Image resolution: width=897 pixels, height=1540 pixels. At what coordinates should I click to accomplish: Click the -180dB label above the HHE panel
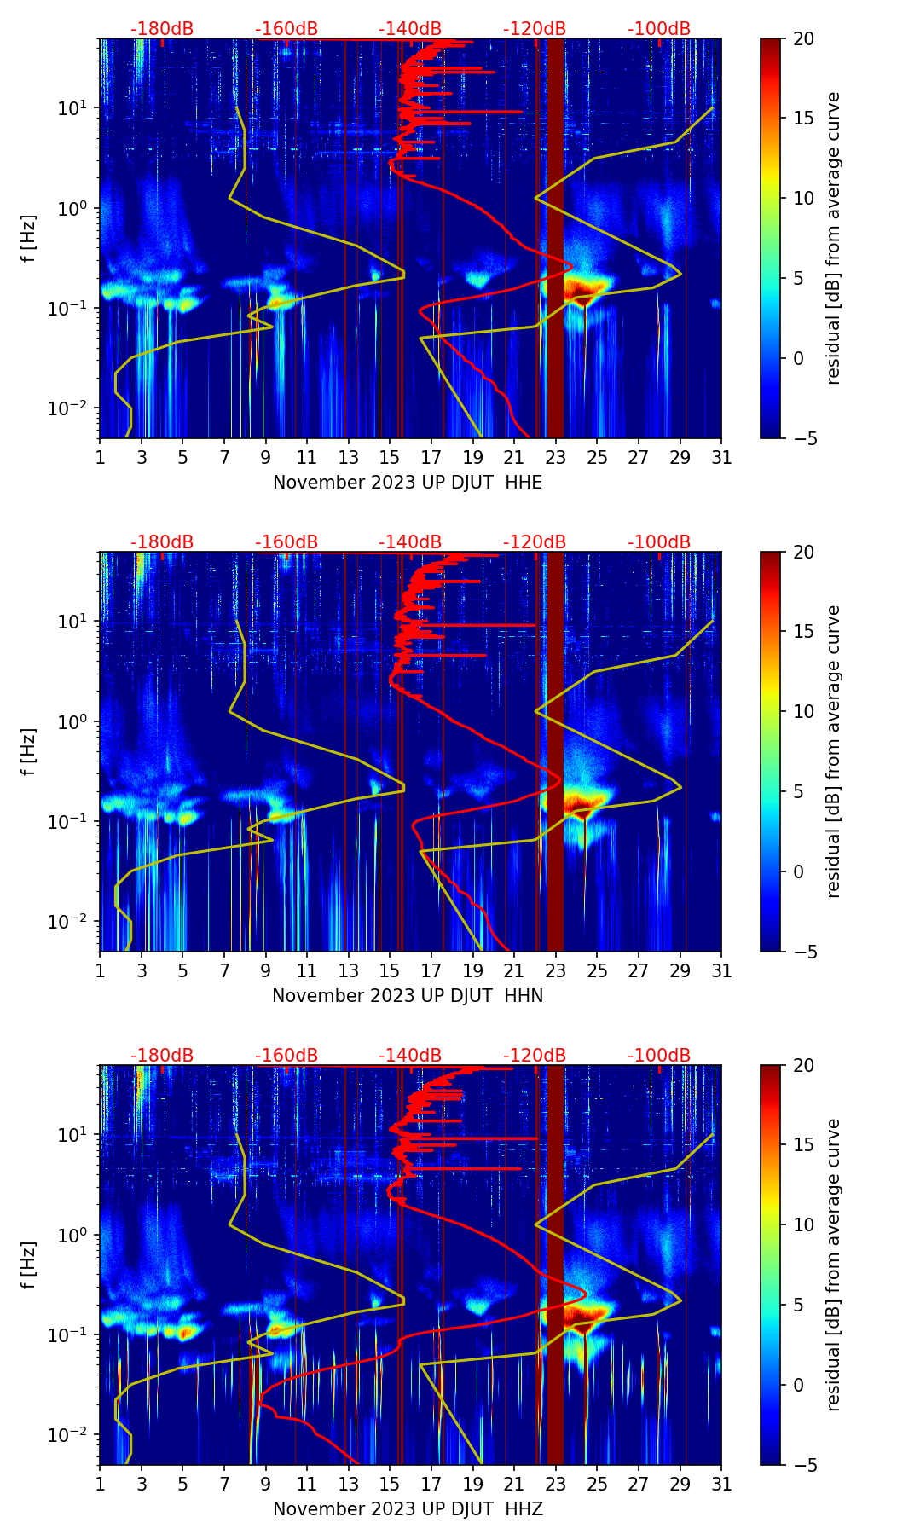(162, 29)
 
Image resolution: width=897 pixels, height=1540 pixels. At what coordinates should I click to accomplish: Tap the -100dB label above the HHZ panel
(659, 1056)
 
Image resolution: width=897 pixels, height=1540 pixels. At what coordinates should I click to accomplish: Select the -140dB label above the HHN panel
(410, 542)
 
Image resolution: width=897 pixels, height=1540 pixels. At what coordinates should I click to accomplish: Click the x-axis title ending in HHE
(408, 483)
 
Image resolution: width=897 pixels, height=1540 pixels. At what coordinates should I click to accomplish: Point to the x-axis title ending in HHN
(408, 996)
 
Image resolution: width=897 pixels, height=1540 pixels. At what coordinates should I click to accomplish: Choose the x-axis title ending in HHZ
(408, 1509)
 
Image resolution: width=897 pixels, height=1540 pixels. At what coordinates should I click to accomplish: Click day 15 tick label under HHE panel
(390, 458)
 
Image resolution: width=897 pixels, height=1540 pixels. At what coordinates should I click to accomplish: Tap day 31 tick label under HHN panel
(721, 971)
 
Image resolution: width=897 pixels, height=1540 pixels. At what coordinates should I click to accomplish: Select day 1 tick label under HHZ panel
(100, 1485)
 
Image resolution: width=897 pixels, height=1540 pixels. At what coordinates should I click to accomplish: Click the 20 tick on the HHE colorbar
(803, 38)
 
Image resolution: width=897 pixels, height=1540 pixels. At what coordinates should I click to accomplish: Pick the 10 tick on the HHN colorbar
(803, 711)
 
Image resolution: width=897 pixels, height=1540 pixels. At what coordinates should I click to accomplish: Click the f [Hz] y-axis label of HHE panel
(29, 239)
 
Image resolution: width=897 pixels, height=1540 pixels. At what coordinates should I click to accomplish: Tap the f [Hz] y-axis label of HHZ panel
(29, 1265)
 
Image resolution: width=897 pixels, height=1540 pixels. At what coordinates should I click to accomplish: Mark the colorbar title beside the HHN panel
(834, 751)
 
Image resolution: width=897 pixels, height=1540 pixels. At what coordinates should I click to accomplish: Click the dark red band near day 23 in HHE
(555, 239)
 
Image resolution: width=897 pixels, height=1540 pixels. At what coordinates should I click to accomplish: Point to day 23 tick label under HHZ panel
(555, 1485)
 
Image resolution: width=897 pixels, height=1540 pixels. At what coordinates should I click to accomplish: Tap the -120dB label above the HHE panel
(535, 29)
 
